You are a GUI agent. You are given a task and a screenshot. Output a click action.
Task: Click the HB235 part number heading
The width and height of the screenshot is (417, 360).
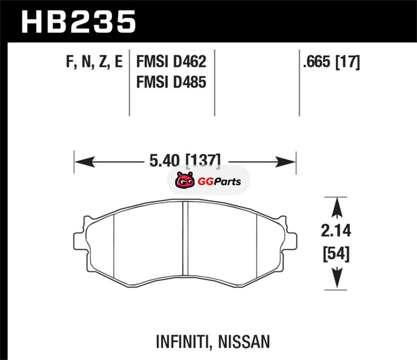[x=79, y=22]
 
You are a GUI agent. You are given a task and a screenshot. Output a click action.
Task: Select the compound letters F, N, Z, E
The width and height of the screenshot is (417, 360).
[x=94, y=62]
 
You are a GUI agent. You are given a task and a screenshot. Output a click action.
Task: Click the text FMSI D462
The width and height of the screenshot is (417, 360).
[x=171, y=61]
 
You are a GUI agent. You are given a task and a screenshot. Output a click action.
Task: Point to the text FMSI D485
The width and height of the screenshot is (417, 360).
[x=171, y=82]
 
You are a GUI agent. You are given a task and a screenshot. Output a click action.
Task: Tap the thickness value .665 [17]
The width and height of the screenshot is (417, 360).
[x=332, y=62]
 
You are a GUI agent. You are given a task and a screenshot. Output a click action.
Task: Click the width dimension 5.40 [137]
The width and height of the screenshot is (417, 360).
[x=185, y=161]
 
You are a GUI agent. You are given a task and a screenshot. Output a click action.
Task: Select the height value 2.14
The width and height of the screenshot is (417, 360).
[x=336, y=230]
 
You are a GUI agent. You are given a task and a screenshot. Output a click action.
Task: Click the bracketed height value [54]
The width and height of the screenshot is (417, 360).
[x=336, y=254]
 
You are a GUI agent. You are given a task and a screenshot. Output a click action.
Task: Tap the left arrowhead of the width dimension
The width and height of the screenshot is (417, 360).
[x=84, y=162]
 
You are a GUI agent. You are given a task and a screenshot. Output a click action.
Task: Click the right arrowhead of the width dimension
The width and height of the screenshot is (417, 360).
[x=285, y=162]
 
